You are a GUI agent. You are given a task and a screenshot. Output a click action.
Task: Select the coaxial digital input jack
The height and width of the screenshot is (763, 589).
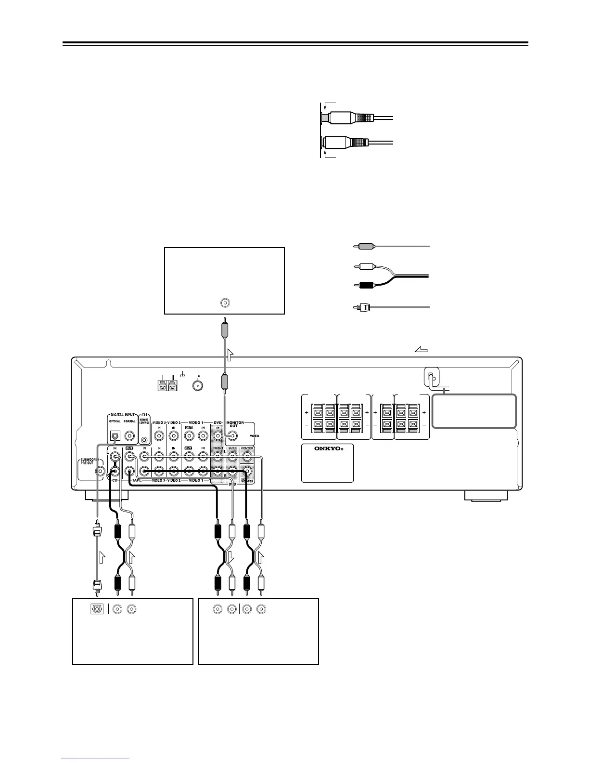130,436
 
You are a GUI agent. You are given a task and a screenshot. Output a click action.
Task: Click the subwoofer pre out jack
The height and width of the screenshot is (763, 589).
100,472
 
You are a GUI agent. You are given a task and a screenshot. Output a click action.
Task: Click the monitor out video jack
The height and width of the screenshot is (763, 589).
232,436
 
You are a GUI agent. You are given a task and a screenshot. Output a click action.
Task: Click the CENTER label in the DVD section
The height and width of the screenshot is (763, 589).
247,448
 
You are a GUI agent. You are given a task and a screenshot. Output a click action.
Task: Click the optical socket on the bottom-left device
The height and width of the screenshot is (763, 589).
96,609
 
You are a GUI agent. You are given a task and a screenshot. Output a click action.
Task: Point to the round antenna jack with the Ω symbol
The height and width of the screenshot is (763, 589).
197,385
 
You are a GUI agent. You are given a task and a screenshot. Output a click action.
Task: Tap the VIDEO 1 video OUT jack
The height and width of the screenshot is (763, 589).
189,436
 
